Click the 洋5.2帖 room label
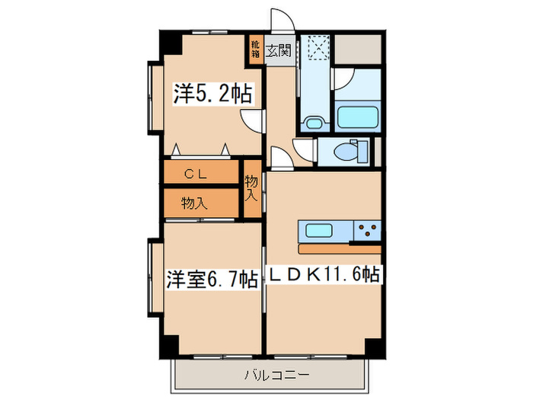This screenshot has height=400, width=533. tap(212, 94)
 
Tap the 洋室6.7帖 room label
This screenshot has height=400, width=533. tap(212, 280)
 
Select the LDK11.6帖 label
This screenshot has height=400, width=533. tap(323, 275)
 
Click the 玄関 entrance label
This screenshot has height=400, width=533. tap(279, 52)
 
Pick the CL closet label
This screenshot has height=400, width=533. tap(200, 174)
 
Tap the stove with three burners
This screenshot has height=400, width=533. tap(365, 230)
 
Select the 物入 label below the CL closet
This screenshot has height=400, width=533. tap(195, 203)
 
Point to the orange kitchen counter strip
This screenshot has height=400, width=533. tap(340, 248)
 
